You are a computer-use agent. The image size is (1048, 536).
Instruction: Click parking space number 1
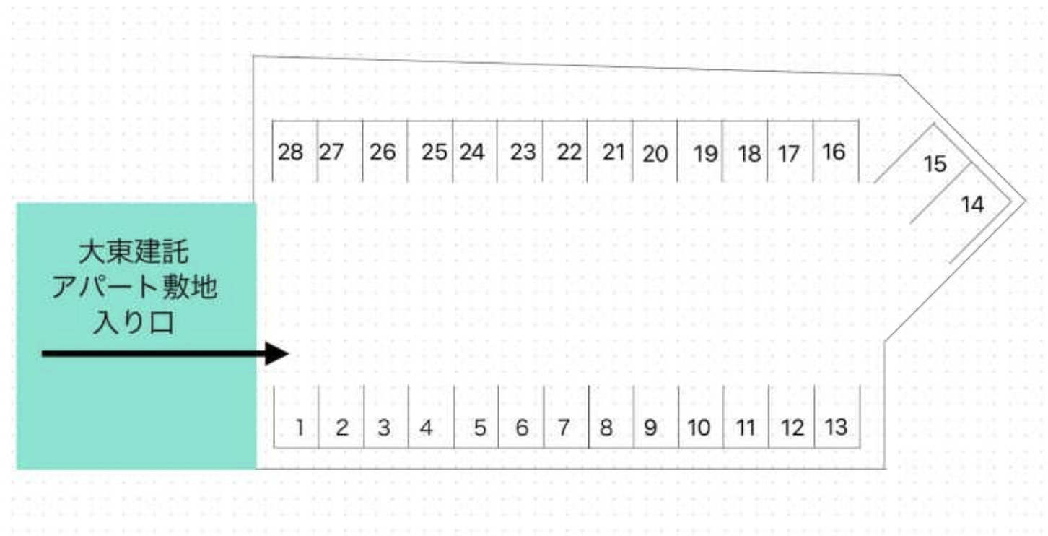(296, 417)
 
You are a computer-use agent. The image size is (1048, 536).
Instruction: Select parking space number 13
(837, 417)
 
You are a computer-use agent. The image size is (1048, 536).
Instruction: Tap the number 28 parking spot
(294, 151)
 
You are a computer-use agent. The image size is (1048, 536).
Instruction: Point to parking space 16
(836, 151)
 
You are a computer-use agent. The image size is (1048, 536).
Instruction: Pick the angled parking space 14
(969, 206)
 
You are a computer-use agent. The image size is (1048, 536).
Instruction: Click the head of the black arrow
(277, 353)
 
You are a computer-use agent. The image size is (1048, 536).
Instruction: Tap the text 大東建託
(134, 253)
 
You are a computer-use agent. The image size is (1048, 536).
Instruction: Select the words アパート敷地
(134, 288)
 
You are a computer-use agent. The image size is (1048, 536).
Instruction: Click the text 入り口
(134, 322)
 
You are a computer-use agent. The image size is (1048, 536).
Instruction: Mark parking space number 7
(566, 417)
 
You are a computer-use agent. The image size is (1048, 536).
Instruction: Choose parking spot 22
(564, 151)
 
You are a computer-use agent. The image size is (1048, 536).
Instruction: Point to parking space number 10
(701, 417)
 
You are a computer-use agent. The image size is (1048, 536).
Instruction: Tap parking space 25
(430, 151)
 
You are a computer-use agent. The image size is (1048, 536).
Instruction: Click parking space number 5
(476, 417)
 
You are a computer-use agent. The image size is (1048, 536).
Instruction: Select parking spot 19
(699, 151)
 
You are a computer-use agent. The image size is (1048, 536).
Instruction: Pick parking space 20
(655, 151)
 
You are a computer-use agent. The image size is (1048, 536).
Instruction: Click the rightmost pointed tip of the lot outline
(1026, 202)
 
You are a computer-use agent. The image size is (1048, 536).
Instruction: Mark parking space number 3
(386, 417)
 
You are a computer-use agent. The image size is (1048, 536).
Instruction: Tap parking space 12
(792, 417)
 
